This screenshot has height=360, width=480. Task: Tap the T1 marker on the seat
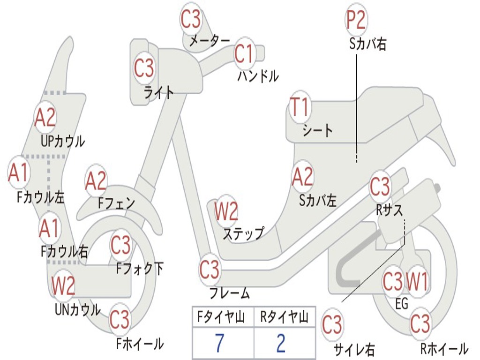click(300, 107)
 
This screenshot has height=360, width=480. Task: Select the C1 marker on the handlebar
click(244, 54)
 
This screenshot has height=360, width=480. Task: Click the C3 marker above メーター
click(191, 19)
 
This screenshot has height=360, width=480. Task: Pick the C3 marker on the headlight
click(144, 68)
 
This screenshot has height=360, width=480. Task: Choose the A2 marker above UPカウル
click(45, 118)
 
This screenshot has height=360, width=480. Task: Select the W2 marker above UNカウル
click(63, 285)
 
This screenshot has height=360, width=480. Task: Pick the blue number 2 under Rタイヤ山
click(281, 344)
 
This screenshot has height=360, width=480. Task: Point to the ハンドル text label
click(258, 76)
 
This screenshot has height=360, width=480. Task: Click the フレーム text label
click(229, 294)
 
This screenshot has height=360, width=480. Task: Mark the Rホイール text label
click(443, 349)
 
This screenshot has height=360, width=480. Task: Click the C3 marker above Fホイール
click(120, 320)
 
